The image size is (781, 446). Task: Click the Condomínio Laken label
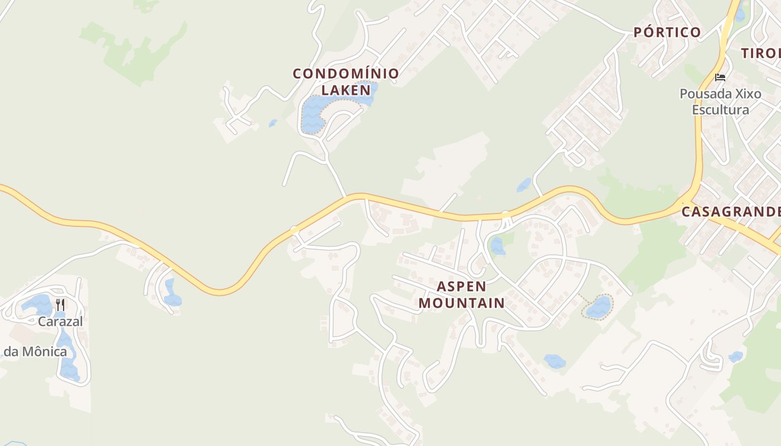[x=346, y=81]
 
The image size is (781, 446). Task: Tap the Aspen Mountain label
[x=461, y=295]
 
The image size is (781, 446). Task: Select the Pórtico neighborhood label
[x=667, y=32]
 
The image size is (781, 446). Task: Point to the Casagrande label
[x=731, y=212]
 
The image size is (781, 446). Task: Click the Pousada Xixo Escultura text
[x=720, y=101]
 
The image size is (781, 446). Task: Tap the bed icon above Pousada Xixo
[x=720, y=77]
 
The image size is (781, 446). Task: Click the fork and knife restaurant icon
[x=60, y=304]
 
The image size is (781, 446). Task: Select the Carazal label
[x=60, y=321]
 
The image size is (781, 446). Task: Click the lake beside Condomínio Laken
[x=314, y=115]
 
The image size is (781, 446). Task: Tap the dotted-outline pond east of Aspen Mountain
[x=598, y=307]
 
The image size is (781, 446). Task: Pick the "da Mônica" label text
[x=35, y=352]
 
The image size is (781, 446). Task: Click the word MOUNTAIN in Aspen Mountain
[x=461, y=303]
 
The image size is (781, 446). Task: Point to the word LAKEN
[x=346, y=90]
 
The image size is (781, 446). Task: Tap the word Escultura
[x=720, y=109]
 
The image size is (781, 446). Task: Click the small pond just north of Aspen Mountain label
[x=496, y=246]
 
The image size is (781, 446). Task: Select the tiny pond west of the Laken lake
[x=273, y=123]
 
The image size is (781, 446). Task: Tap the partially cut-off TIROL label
[x=761, y=54]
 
